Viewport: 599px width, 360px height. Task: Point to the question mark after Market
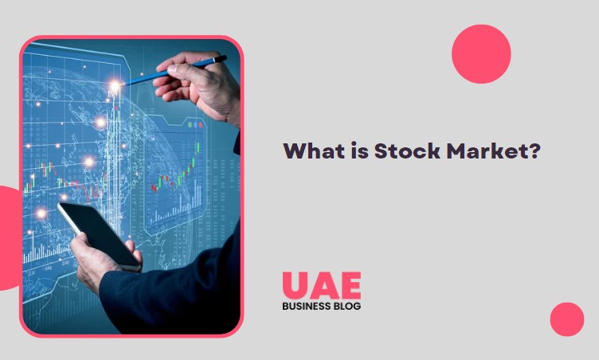pyautogui.click(x=533, y=151)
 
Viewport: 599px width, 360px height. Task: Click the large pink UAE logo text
pyautogui.click(x=321, y=285)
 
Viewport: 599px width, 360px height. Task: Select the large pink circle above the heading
pyautogui.click(x=481, y=53)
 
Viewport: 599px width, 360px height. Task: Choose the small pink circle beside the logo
pyautogui.click(x=566, y=319)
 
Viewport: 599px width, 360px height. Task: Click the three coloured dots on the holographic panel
pyautogui.click(x=195, y=125)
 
